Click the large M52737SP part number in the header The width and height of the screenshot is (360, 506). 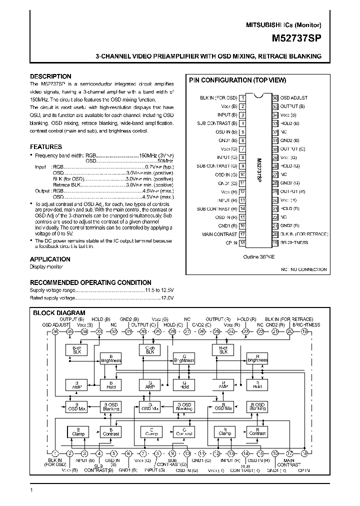(x=296, y=37)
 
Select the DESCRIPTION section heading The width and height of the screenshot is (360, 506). (x=50, y=76)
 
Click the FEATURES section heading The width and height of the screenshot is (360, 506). (x=46, y=147)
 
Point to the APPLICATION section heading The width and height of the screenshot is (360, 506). (x=50, y=259)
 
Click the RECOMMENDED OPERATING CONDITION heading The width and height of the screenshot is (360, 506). (x=90, y=282)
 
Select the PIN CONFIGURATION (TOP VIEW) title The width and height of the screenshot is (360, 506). (x=237, y=80)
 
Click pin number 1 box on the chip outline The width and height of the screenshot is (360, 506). (x=242, y=98)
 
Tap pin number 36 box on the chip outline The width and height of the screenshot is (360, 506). (x=274, y=98)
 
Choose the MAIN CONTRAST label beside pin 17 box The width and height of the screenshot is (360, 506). (x=219, y=234)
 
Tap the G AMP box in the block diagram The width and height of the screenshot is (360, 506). (x=149, y=384)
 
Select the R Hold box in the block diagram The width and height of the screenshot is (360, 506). (x=257, y=384)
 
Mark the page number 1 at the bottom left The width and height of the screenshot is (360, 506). (x=31, y=490)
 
